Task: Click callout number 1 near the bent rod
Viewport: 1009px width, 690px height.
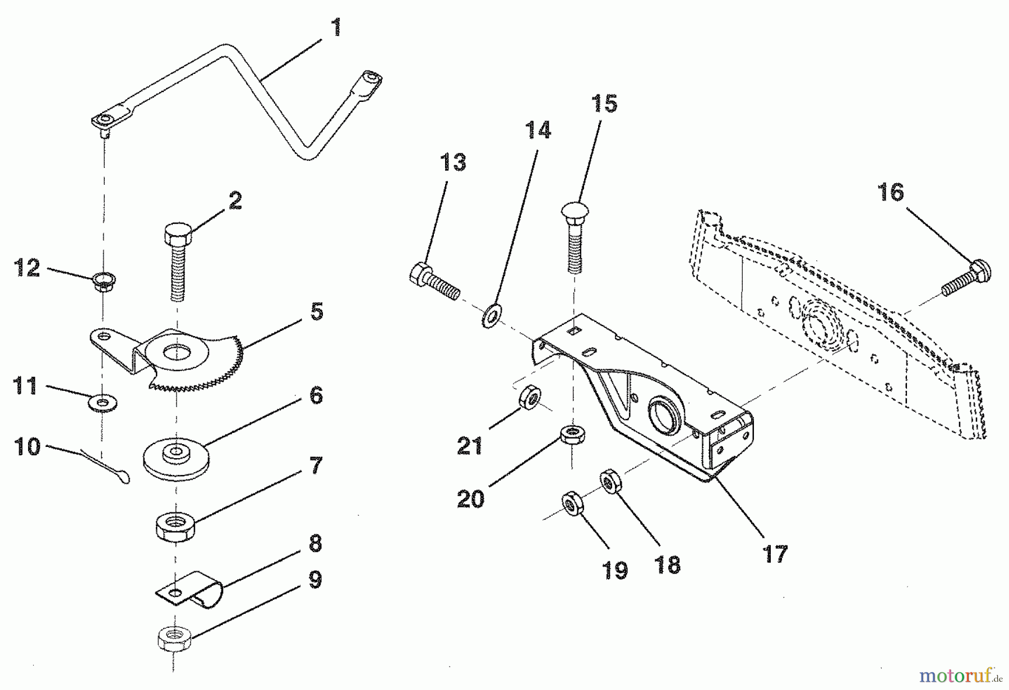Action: pyautogui.click(x=336, y=27)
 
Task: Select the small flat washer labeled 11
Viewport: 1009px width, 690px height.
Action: pyautogui.click(x=103, y=402)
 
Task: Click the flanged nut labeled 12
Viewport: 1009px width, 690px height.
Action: pyautogui.click(x=101, y=278)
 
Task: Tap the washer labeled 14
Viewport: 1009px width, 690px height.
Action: pyautogui.click(x=492, y=316)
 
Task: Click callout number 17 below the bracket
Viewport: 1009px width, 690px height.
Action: pyautogui.click(x=775, y=554)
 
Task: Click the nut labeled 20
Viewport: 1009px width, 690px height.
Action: pyautogui.click(x=571, y=434)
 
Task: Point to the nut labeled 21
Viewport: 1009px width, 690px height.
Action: pyautogui.click(x=529, y=398)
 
